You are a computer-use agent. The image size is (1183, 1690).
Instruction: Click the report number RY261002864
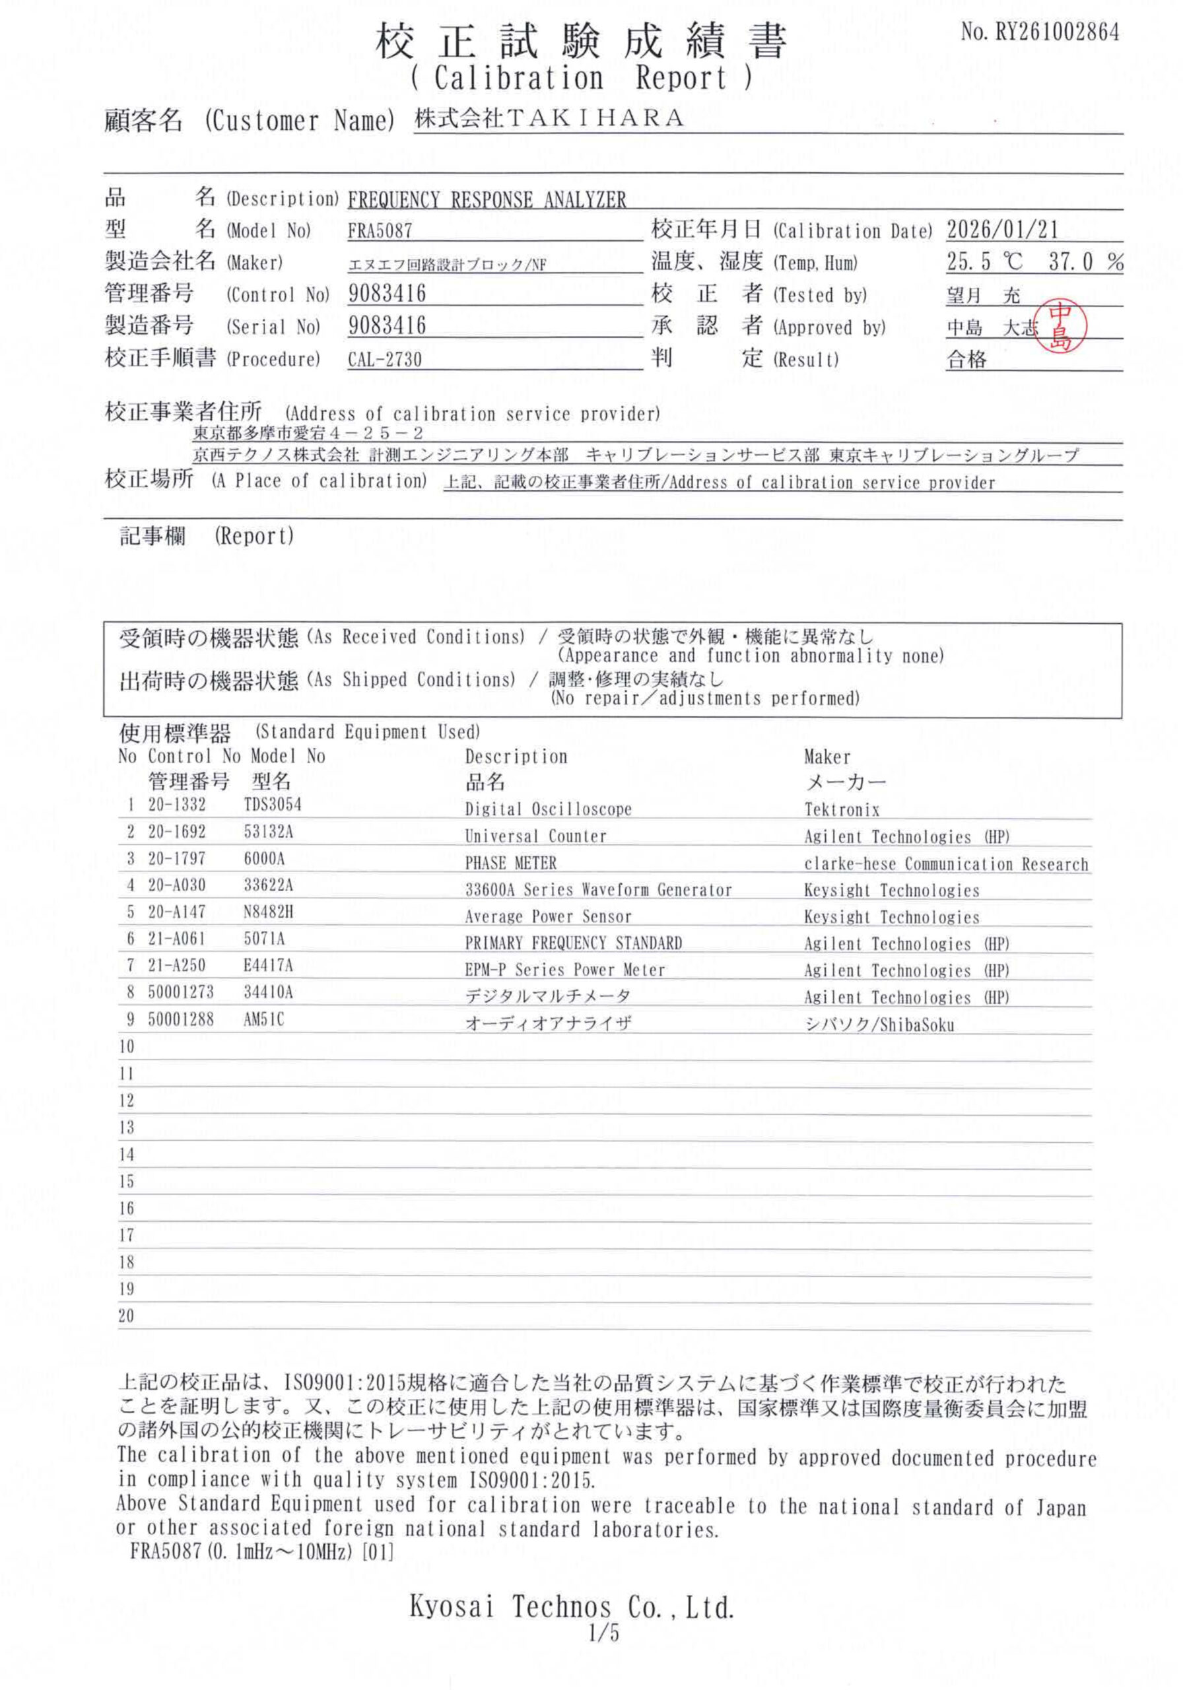[x=1040, y=32]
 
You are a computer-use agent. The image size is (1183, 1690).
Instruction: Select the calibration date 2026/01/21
[x=1002, y=230]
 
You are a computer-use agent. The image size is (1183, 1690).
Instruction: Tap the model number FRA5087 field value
[x=380, y=230]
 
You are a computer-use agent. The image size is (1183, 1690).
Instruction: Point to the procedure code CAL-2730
[x=384, y=359]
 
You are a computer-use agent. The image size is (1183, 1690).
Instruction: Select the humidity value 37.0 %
[x=1086, y=261]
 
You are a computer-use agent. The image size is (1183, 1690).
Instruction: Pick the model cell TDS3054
[x=273, y=804]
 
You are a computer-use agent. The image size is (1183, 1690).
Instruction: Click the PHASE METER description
[x=510, y=862]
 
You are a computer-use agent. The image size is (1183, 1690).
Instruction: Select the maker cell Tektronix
[x=842, y=809]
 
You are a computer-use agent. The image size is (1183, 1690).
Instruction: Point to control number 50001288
[x=180, y=1019]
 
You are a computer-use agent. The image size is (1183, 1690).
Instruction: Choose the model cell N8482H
[x=268, y=911]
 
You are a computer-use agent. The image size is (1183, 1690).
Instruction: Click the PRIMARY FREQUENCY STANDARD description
[x=574, y=943]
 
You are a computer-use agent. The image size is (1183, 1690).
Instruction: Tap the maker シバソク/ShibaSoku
[x=879, y=1024]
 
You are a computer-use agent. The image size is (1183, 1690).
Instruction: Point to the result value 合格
[x=966, y=359]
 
